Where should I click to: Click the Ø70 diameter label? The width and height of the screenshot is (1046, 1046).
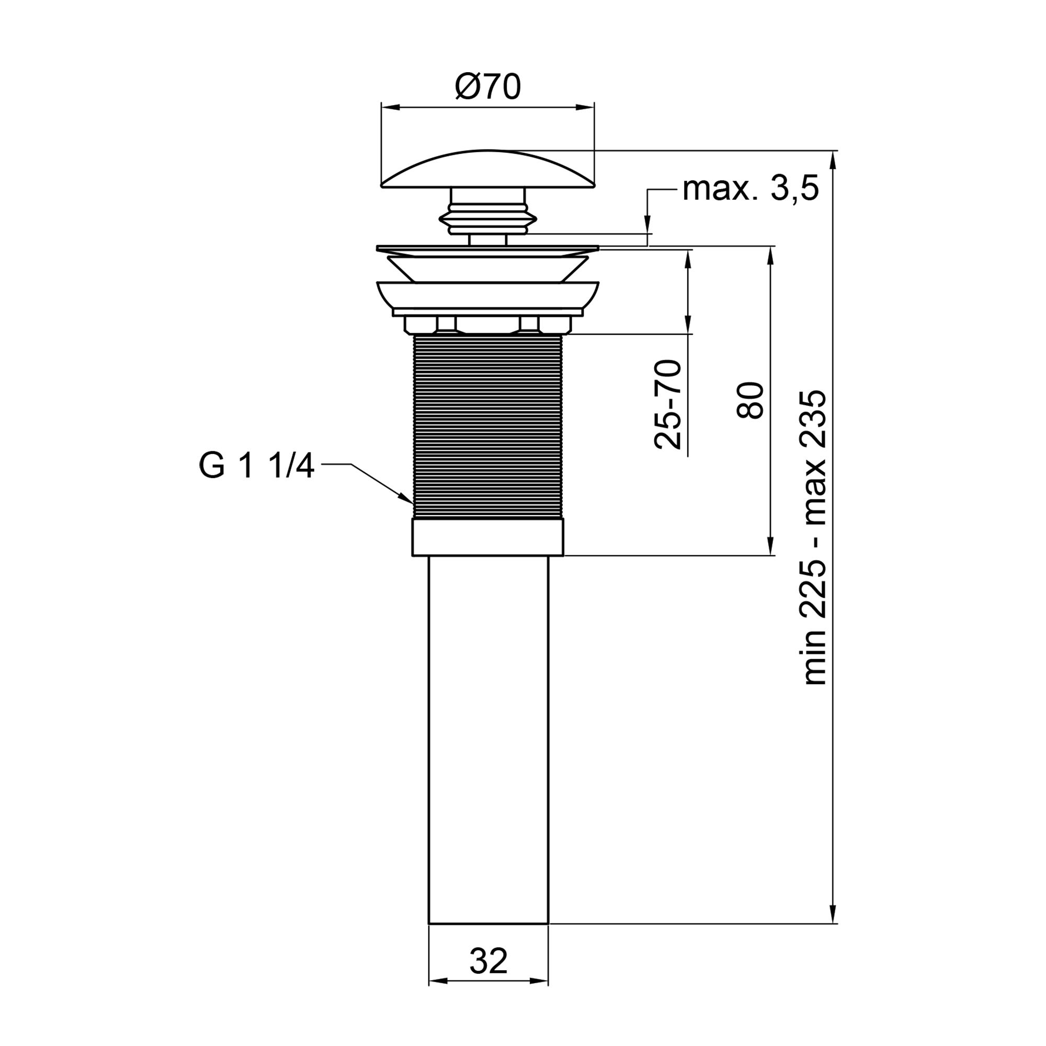tap(487, 87)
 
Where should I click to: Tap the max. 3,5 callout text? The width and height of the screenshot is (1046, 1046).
tap(751, 189)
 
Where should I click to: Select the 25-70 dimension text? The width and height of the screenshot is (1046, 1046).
tap(668, 404)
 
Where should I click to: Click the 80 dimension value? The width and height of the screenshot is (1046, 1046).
tap(751, 400)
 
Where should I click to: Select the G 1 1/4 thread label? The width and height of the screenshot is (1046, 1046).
tap(256, 466)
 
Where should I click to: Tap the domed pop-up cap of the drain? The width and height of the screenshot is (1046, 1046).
tap(487, 170)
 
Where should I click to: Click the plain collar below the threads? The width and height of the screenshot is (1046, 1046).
tap(488, 538)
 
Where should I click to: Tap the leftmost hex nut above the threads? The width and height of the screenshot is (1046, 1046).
tap(420, 325)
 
